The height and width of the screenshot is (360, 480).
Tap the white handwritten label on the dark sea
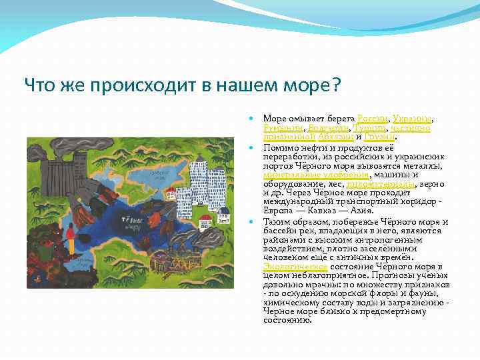tap(134, 219)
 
